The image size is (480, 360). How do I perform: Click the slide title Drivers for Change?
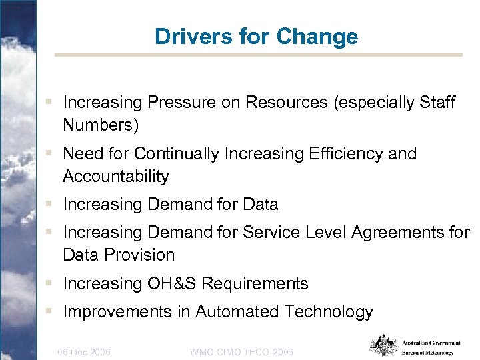coord(256,36)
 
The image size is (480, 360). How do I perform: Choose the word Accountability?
coord(116,177)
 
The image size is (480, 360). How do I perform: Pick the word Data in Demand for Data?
coord(261,204)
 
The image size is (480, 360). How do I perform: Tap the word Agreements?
coord(389,233)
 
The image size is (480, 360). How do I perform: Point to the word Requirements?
coord(255,283)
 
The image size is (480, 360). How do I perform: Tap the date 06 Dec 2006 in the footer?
coord(85,351)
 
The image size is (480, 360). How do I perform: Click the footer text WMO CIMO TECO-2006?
coord(241,351)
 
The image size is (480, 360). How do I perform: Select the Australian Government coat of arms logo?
coord(383,345)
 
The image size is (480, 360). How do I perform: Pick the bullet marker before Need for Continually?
coord(51,154)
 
